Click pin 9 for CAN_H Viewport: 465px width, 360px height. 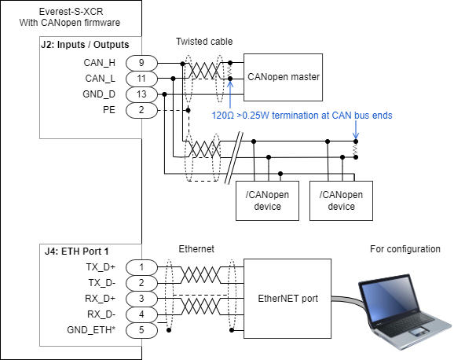(x=141, y=63)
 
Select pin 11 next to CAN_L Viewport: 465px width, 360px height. (x=141, y=79)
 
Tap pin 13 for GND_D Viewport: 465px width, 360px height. (x=141, y=94)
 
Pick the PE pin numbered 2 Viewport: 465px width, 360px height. (x=141, y=110)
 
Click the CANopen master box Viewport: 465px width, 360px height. (x=283, y=77)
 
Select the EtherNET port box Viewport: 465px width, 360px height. (x=287, y=299)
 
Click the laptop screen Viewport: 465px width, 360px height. (x=386, y=297)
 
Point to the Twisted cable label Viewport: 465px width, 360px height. (x=204, y=42)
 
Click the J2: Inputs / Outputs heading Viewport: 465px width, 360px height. (x=85, y=45)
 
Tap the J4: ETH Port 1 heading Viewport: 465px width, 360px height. (x=76, y=252)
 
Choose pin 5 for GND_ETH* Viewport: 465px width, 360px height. (x=141, y=330)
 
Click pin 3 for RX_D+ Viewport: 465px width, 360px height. (x=141, y=299)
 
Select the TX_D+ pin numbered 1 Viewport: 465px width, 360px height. (x=141, y=267)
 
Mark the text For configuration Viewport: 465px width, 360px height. (x=405, y=249)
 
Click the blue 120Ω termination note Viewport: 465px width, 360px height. (x=302, y=115)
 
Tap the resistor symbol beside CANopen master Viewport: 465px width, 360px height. (x=230, y=71)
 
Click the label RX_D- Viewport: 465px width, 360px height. (x=101, y=314)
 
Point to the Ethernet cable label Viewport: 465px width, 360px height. (x=196, y=249)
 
